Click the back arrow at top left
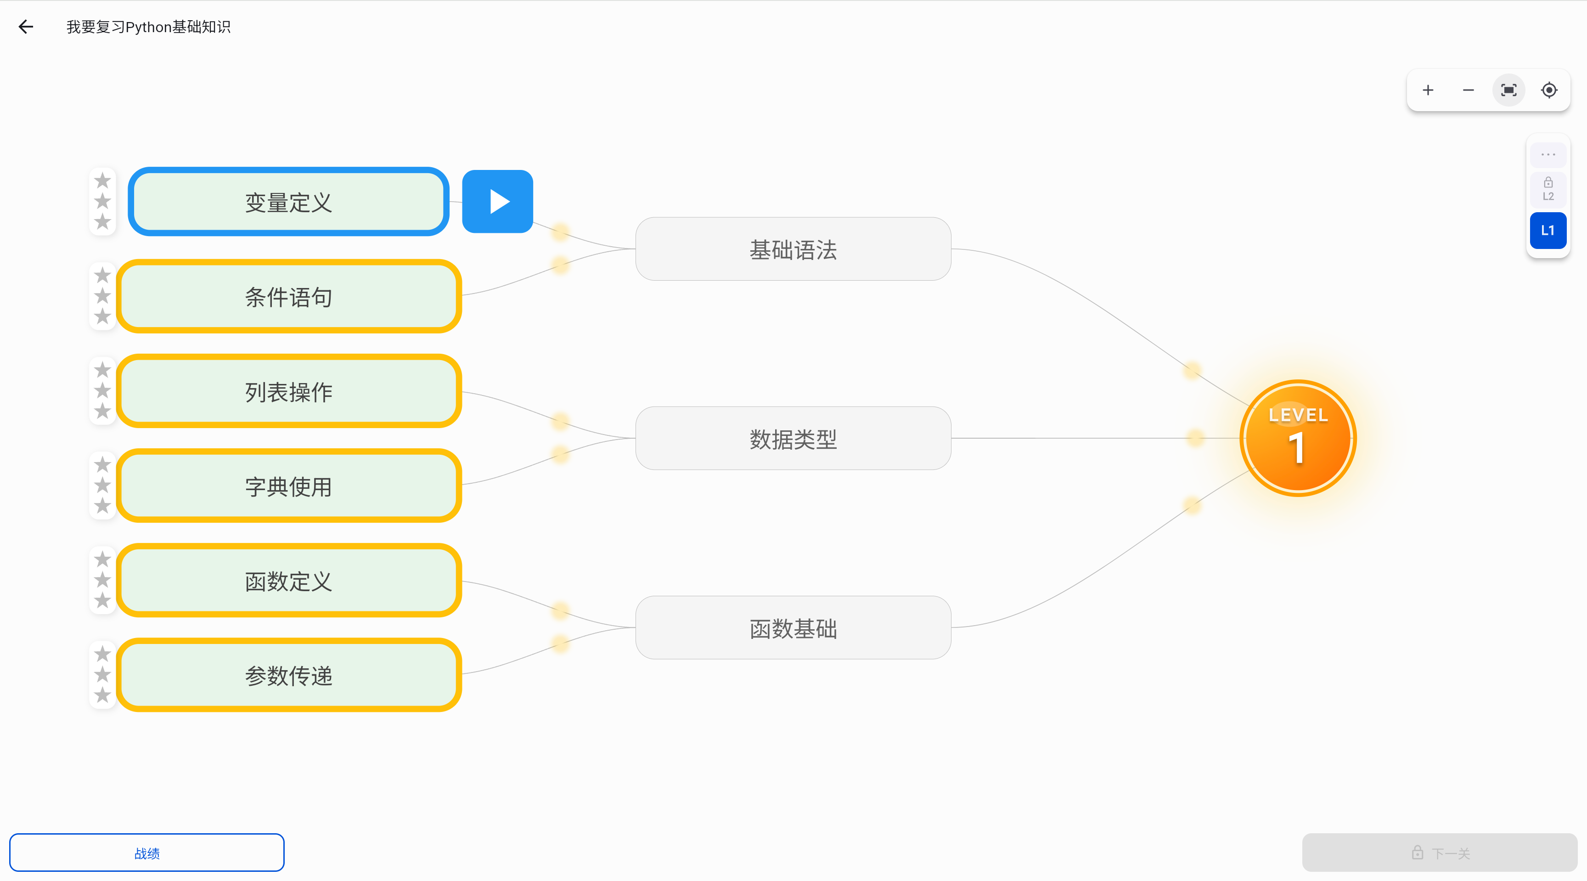26,27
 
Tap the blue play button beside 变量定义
497,202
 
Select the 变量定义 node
288,202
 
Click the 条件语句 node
289,296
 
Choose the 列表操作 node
289,391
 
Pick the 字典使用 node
289,486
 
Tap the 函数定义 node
289,580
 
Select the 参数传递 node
289,675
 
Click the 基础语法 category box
793,249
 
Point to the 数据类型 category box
793,438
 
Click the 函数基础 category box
793,627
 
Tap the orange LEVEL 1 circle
1298,438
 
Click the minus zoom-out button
1468,90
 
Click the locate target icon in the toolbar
1549,90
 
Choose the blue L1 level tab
1548,231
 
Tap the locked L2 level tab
1548,189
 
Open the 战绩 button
146,853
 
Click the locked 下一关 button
1439,853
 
